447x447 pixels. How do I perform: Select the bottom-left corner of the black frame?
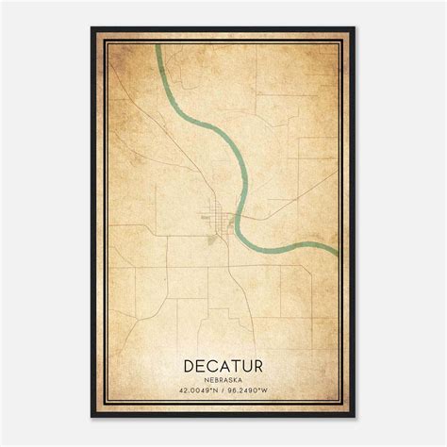[92, 417]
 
